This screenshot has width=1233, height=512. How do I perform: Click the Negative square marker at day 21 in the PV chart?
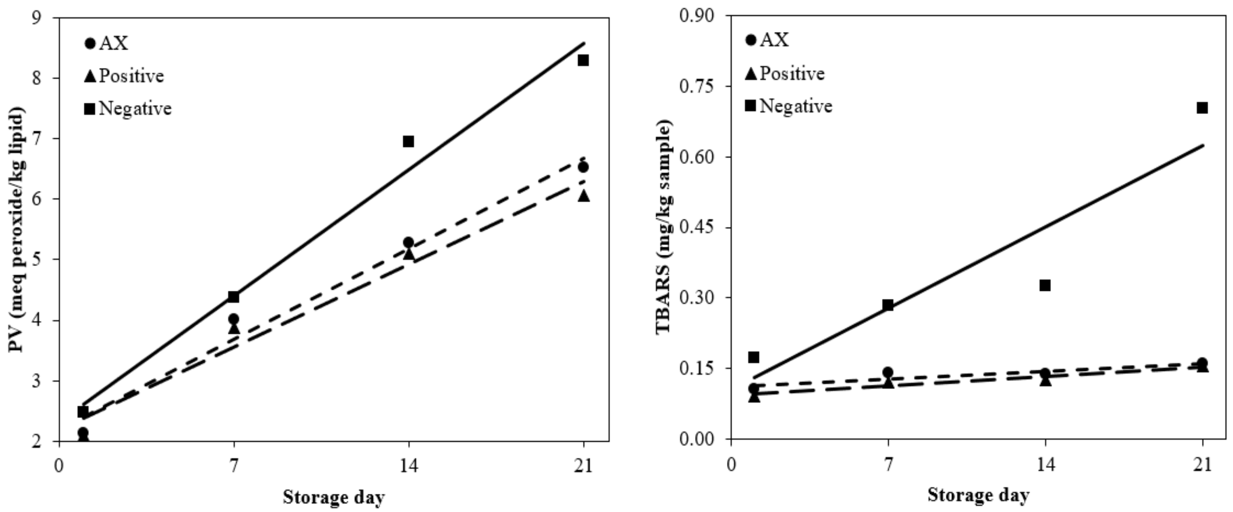(x=583, y=60)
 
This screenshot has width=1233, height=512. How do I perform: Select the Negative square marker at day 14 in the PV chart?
(x=408, y=141)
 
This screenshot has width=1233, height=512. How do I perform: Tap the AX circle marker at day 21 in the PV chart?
(x=583, y=167)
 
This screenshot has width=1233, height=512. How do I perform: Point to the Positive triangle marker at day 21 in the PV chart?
(x=583, y=196)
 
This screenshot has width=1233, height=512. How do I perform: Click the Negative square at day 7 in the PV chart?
(x=233, y=297)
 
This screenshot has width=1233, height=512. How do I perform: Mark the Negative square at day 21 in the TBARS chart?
(x=1202, y=108)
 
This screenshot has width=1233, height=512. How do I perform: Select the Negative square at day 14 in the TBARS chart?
(x=1045, y=285)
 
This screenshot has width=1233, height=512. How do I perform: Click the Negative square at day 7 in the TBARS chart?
(x=888, y=305)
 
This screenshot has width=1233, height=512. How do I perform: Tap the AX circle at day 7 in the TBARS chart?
(x=888, y=372)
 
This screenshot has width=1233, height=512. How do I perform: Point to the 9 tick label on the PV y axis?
(x=36, y=18)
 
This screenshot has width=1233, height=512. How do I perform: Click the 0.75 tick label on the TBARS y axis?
(x=697, y=86)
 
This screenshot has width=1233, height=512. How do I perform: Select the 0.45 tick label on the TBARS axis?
(x=697, y=227)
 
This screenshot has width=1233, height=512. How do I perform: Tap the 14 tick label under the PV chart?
(x=408, y=465)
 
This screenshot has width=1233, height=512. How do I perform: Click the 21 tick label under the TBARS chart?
(x=1202, y=465)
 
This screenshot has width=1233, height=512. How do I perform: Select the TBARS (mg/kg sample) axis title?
(x=663, y=227)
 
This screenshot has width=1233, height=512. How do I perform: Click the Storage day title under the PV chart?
(x=334, y=497)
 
